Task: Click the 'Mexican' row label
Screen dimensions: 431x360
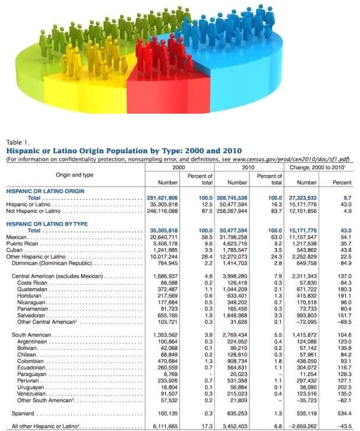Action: tap(18, 237)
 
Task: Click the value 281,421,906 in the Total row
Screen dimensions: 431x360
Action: tap(161, 197)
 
